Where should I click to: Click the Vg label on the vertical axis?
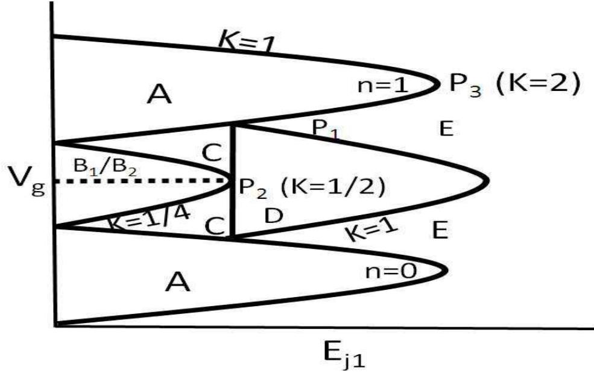pyautogui.click(x=23, y=180)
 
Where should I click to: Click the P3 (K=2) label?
pyautogui.click(x=513, y=84)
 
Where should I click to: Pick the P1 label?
pyautogui.click(x=325, y=128)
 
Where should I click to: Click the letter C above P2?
pyautogui.click(x=213, y=154)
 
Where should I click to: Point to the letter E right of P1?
pyautogui.click(x=446, y=128)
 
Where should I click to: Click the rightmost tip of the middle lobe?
pyautogui.click(x=487, y=181)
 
